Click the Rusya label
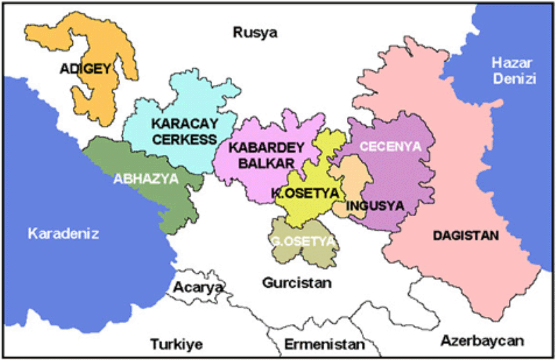[255, 33]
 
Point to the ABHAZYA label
[147, 178]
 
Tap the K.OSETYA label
[299, 192]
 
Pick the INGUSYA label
[375, 206]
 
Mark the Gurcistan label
[297, 283]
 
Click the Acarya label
[198, 286]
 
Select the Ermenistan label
[325, 345]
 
